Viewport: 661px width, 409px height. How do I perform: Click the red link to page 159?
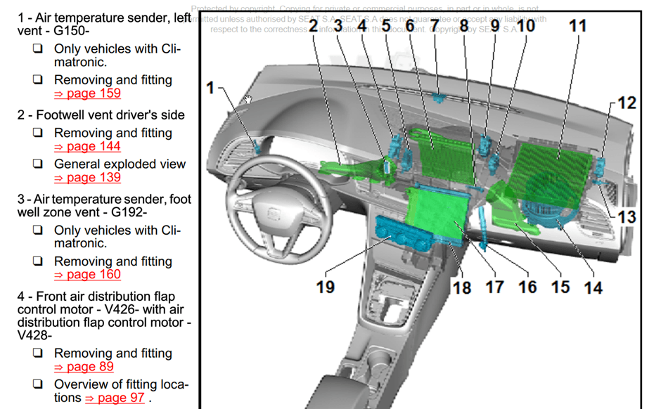87,93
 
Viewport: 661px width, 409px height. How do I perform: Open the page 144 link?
87,146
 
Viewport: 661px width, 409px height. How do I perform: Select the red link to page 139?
87,178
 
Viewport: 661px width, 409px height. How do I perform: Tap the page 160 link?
87,275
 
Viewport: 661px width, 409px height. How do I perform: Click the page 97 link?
115,398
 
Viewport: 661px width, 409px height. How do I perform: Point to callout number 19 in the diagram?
326,287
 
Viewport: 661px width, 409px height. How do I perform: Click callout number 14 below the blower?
593,287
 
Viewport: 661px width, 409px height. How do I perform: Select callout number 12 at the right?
627,103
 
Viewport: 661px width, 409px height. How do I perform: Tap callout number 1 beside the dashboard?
210,88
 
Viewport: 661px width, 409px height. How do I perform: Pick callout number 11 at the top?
577,26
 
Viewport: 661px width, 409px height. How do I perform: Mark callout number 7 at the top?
435,26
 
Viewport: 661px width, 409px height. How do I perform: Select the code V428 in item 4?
35,336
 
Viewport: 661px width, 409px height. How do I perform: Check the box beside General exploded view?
38,164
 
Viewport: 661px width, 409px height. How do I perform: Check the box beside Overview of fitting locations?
38,385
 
